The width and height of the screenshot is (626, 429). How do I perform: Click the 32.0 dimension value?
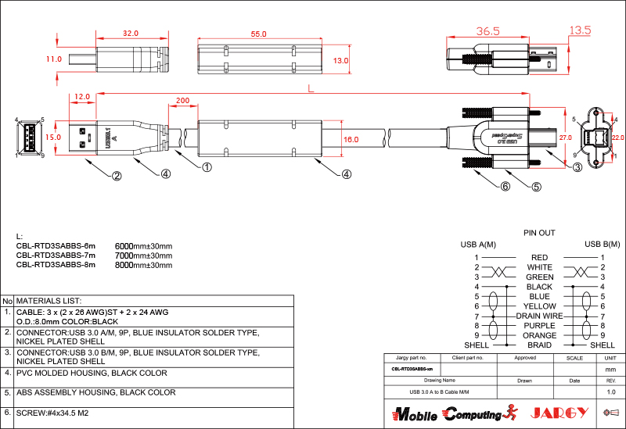pos(130,34)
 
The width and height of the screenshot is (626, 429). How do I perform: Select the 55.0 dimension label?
pos(258,34)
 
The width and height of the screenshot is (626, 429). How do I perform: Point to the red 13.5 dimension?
pos(580,30)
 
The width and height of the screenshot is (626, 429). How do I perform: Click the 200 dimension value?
pos(182,102)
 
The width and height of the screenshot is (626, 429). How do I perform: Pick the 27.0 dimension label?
pos(565,137)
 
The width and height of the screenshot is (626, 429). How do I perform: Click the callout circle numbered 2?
pos(117,176)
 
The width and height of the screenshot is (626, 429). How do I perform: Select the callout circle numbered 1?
pos(207,166)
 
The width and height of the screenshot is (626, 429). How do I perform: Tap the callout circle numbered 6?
pos(505,187)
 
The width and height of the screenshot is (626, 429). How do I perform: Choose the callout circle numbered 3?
pos(577,166)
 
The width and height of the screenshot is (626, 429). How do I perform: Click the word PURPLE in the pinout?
pos(539,326)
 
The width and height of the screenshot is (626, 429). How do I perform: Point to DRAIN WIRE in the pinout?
pos(539,316)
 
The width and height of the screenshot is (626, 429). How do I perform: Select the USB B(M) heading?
pos(602,245)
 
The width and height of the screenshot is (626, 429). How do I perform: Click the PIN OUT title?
pos(539,233)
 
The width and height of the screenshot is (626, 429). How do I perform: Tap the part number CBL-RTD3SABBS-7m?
pos(56,256)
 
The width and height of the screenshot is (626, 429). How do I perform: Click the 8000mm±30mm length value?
pos(143,265)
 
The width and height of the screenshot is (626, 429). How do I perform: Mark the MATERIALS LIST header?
pos(49,301)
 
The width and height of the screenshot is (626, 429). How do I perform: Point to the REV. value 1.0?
pos(611,391)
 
